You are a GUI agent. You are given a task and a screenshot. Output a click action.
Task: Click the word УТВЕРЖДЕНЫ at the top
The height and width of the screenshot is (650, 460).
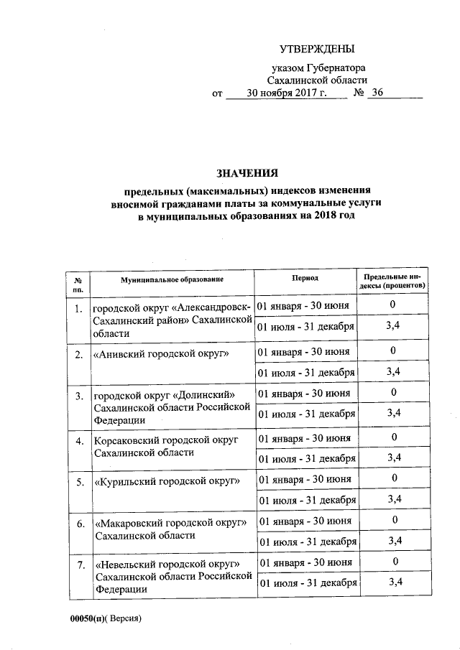(317, 49)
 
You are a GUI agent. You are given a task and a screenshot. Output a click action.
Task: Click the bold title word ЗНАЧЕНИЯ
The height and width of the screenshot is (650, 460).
(247, 172)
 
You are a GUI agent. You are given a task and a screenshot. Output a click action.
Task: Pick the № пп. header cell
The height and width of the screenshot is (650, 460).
(78, 281)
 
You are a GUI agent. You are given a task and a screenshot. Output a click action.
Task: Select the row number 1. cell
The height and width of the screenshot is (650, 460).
(78, 310)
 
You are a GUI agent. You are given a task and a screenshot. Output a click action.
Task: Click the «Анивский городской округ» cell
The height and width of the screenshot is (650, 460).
(162, 354)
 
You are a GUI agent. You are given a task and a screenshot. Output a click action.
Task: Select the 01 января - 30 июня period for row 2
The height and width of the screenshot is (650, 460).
(304, 351)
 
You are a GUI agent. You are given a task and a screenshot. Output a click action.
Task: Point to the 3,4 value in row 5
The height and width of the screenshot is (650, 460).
(393, 498)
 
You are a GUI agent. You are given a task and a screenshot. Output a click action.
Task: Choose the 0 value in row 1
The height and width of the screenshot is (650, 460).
(393, 305)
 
